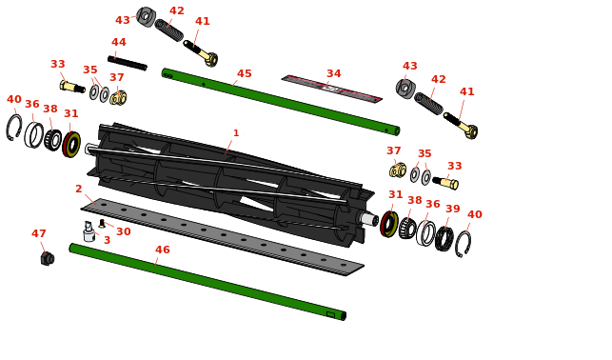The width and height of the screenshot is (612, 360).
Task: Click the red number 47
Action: (39, 233)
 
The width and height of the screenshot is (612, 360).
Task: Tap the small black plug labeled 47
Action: (48, 258)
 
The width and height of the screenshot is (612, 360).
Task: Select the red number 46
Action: (163, 250)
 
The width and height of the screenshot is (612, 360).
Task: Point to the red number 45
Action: (245, 73)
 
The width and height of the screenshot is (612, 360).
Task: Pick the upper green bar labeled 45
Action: (281, 102)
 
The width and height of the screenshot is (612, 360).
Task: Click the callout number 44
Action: (119, 42)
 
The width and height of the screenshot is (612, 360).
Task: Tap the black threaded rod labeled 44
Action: (128, 63)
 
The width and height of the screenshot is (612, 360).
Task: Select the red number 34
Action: (334, 73)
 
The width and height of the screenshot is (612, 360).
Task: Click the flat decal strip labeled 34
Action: (332, 89)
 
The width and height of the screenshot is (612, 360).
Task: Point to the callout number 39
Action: (453, 209)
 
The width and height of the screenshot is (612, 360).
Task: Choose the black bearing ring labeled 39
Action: (444, 238)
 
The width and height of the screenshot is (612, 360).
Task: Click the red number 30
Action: (124, 231)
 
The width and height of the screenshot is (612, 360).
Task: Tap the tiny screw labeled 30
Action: (102, 224)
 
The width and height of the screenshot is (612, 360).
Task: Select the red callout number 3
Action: (107, 240)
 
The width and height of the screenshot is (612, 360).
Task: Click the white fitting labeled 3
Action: (89, 231)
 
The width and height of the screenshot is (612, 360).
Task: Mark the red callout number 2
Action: (78, 189)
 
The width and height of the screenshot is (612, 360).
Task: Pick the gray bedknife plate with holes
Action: (223, 236)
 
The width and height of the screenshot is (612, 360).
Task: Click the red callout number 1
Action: (236, 133)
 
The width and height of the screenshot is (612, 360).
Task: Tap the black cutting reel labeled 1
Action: (230, 185)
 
